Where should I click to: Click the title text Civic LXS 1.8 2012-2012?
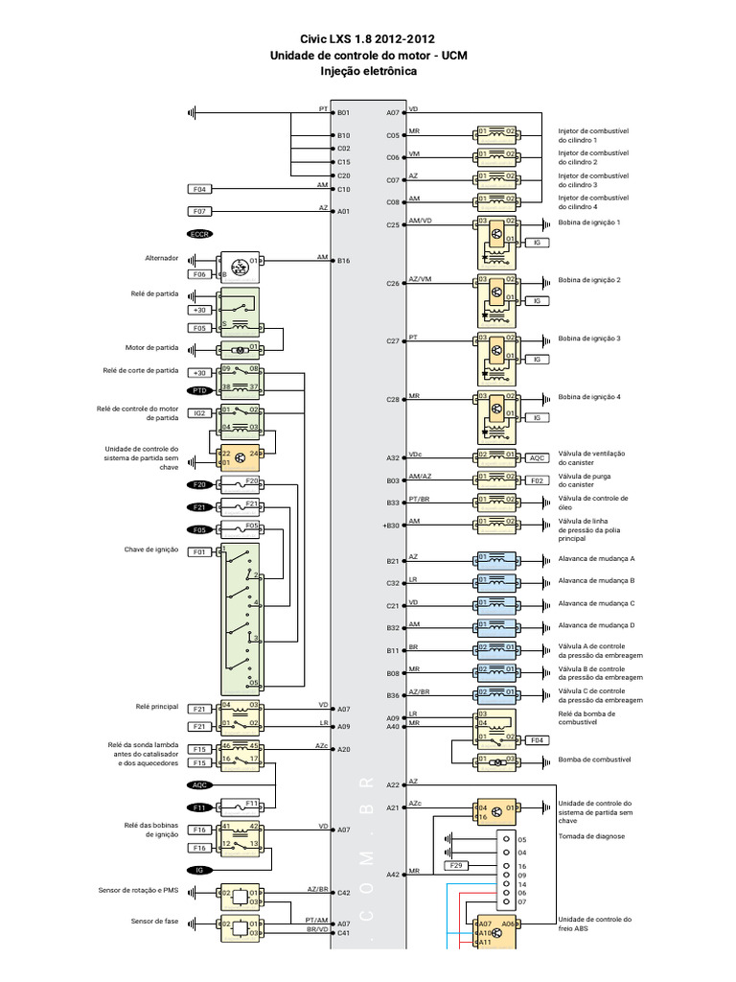[368, 39]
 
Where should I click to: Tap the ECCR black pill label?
[199, 234]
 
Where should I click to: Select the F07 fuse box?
[200, 211]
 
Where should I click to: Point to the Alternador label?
[159, 259]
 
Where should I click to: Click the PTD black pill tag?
[199, 391]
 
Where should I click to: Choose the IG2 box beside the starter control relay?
[199, 413]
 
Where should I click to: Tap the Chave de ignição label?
[151, 549]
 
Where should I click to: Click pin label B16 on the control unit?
[344, 261]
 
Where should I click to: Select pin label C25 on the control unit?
[393, 225]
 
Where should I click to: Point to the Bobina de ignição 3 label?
[589, 339]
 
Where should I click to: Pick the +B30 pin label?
[390, 526]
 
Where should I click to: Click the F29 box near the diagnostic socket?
[458, 866]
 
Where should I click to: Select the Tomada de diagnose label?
[591, 836]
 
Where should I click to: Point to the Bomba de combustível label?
[594, 760]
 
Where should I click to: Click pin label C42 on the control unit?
[344, 893]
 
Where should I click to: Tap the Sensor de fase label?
[155, 922]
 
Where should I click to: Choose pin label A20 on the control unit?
[344, 749]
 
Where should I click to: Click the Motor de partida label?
[152, 347]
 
